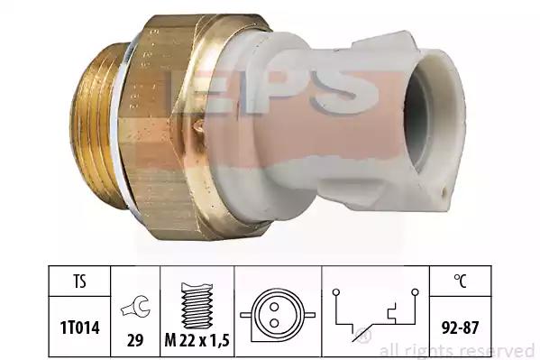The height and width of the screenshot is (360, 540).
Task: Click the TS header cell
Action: [x=79, y=281]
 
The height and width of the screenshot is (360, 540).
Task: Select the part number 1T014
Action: [x=80, y=327]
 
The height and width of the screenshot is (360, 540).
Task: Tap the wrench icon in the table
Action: [x=135, y=307]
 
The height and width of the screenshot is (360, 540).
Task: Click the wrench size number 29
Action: [x=135, y=340]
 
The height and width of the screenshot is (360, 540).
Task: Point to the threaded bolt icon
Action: [x=197, y=306]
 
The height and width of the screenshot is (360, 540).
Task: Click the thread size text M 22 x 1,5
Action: [x=197, y=340]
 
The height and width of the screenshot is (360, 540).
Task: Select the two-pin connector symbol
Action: [x=278, y=315]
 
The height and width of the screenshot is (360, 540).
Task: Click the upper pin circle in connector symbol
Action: [x=274, y=307]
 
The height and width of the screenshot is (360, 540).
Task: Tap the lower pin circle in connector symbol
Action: [x=274, y=323]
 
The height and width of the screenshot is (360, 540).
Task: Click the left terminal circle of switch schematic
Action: [x=336, y=292]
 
